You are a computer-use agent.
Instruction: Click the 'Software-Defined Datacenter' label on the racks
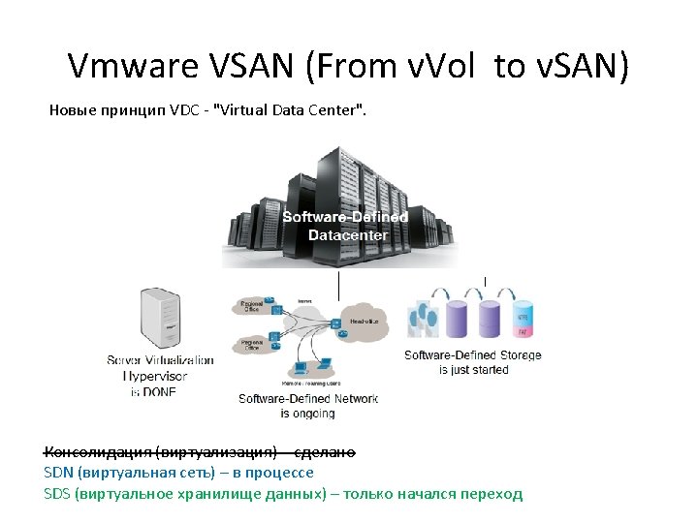(345, 226)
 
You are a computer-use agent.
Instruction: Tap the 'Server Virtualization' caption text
(160, 359)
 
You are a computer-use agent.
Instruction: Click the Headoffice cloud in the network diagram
(363, 319)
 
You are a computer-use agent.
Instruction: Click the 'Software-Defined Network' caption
(307, 398)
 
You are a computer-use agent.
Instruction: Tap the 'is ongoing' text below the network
(307, 414)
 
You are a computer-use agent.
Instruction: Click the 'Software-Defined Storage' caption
(473, 355)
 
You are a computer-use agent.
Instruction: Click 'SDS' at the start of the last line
(58, 494)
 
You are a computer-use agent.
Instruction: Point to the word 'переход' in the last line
(493, 494)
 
